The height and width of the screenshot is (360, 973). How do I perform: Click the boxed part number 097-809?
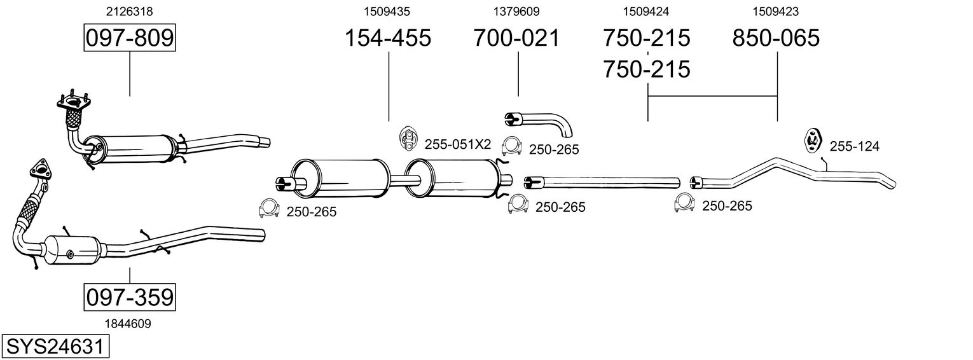click(x=130, y=38)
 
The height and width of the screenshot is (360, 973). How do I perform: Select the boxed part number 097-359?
click(x=130, y=297)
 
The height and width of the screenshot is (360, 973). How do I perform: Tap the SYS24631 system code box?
click(x=55, y=347)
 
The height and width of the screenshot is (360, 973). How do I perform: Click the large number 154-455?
click(x=387, y=38)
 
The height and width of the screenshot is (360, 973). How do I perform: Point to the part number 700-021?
click(x=516, y=38)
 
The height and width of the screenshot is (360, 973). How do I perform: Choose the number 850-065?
click(x=776, y=38)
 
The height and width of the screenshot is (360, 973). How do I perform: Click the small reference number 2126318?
click(x=130, y=11)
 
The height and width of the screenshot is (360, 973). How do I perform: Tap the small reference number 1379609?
click(x=516, y=11)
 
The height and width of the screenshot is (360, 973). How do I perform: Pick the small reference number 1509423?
click(x=776, y=11)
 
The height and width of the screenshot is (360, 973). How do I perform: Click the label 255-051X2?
click(x=458, y=144)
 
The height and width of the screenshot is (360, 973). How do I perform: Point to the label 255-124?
click(x=855, y=147)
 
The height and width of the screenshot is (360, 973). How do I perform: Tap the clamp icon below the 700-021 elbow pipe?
click(x=512, y=147)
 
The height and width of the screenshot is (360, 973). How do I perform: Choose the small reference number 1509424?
click(x=646, y=11)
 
